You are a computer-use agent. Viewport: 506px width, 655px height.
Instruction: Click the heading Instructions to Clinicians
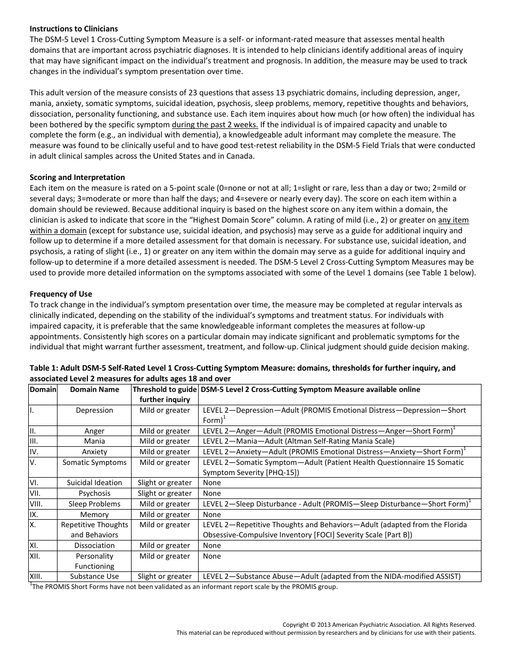click(x=74, y=29)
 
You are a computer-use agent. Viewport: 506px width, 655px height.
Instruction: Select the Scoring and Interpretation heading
click(x=77, y=177)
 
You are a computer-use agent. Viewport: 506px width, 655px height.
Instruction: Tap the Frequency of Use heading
click(x=61, y=294)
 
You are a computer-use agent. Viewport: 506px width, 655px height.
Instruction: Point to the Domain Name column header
click(x=94, y=389)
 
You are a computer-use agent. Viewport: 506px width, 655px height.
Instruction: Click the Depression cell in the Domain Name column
click(x=94, y=411)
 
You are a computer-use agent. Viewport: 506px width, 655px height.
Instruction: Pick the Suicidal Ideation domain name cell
click(x=94, y=482)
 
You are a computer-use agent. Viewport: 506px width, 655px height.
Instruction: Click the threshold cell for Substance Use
click(x=165, y=576)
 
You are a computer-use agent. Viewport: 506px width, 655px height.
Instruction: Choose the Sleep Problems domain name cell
click(x=94, y=504)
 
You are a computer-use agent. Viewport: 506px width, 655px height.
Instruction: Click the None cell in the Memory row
click(x=212, y=514)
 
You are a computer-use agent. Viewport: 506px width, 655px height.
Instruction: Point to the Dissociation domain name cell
click(x=94, y=545)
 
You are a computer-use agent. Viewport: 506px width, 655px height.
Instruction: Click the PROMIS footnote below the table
click(x=184, y=587)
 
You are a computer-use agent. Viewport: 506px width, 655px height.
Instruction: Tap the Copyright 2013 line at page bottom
click(x=379, y=625)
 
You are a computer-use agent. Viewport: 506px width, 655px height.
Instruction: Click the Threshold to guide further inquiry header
click(x=165, y=395)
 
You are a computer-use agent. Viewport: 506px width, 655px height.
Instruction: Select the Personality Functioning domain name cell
click(x=94, y=561)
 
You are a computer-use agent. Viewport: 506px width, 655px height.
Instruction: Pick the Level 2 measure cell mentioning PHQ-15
click(x=333, y=468)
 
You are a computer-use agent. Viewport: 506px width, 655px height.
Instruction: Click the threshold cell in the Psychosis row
click(x=165, y=493)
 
